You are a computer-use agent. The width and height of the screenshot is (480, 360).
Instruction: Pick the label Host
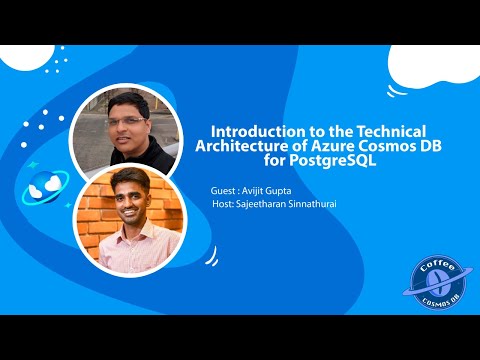click(x=225, y=203)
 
